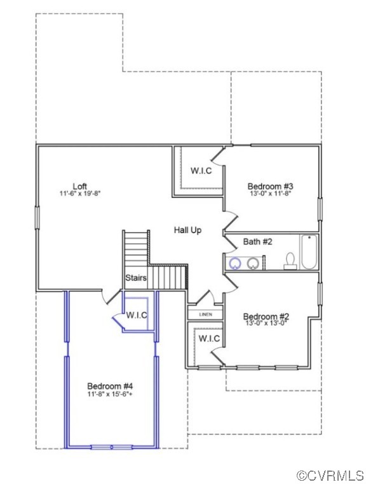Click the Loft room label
point(79,184)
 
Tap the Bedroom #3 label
point(270,186)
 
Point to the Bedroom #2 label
point(266,316)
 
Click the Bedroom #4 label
point(110,386)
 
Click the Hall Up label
point(187,230)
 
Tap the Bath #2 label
point(257,242)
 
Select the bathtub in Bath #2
point(309,253)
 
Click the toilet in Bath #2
point(290,261)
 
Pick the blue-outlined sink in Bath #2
point(234,263)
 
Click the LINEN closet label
point(205,315)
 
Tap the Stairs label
point(136,278)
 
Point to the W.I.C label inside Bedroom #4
point(137,315)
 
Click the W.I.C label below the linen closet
point(210,338)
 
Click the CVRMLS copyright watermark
point(330,476)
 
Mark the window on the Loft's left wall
point(37,216)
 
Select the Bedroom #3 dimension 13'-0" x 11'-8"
point(270,194)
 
